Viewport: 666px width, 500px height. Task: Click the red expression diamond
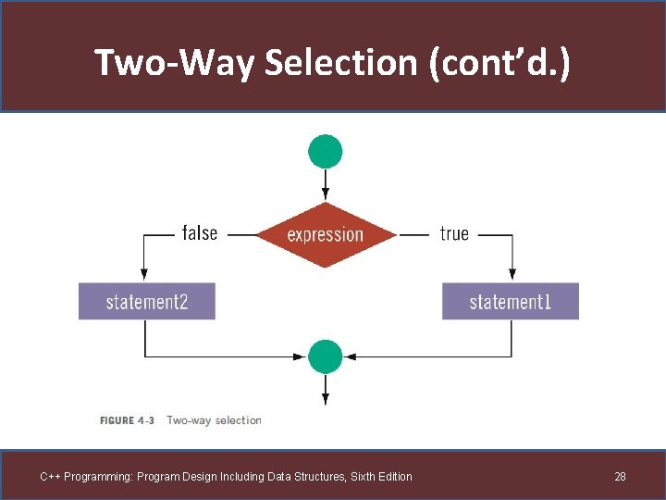325,234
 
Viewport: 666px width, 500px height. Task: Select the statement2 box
146,302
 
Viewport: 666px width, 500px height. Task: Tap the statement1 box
510,302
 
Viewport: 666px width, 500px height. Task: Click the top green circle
326,151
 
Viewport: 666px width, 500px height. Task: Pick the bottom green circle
326,356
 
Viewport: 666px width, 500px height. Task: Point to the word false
200,233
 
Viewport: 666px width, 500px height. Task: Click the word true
454,234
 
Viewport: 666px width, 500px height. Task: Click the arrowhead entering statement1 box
511,277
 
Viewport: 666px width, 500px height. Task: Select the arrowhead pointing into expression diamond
326,196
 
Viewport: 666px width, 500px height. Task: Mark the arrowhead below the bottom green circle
326,399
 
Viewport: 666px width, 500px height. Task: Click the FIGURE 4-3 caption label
128,420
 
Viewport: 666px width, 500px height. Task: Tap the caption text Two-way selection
214,420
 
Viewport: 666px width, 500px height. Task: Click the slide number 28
620,477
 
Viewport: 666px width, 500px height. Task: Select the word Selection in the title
340,63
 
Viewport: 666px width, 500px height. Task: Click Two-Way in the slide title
176,63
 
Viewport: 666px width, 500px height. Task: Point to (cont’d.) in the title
499,63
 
